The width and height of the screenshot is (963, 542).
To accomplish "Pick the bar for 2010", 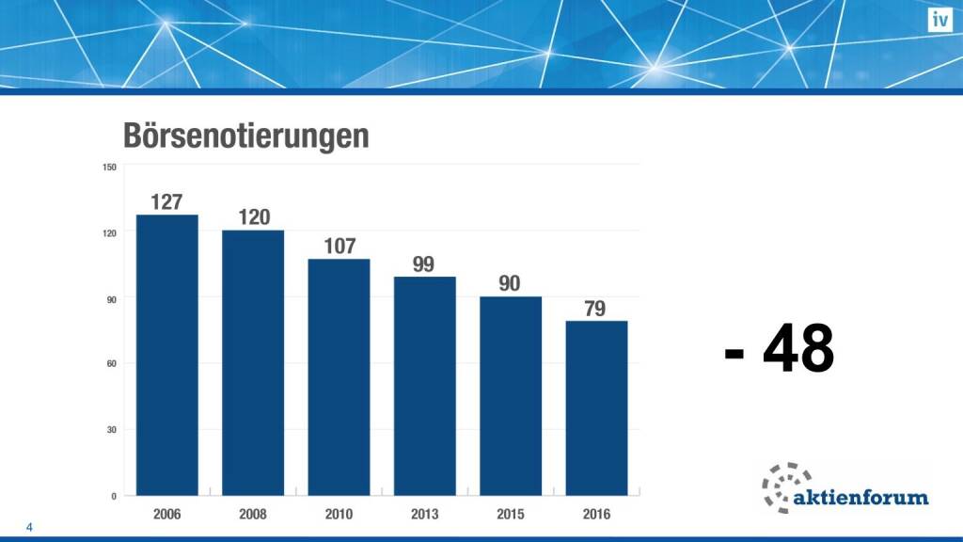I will (x=339, y=376).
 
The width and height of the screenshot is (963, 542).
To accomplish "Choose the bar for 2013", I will (x=425, y=386).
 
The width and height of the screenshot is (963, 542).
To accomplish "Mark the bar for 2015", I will (x=511, y=395).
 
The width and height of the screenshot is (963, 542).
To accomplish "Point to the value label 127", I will (x=166, y=201).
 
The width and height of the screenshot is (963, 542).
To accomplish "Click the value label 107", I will (x=339, y=247).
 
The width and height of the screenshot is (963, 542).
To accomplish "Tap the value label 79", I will (x=595, y=309).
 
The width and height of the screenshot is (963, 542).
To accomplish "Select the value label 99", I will (x=424, y=264).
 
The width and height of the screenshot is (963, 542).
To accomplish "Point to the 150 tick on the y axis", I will (x=109, y=167).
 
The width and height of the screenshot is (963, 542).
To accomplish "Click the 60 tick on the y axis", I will (x=112, y=364).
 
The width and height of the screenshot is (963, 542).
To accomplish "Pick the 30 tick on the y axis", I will (x=112, y=430).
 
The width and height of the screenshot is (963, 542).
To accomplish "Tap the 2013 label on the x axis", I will (x=425, y=515).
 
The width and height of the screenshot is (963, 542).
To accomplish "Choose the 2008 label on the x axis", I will (x=253, y=515).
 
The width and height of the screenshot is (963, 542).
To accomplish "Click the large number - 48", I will (x=780, y=350).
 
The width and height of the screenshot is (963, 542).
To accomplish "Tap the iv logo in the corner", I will (x=939, y=20).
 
